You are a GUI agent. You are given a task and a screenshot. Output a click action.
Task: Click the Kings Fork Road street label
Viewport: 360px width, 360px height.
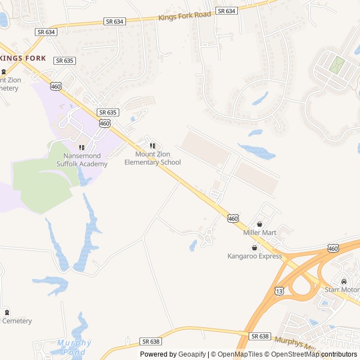click(x=185, y=15)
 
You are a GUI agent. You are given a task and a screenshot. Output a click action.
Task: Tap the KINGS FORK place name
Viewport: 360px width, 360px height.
click(x=22, y=58)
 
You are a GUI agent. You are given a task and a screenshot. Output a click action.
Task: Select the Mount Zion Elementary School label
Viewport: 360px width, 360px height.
click(x=152, y=158)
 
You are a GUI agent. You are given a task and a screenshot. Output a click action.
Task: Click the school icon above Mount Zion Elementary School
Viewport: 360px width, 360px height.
click(x=152, y=146)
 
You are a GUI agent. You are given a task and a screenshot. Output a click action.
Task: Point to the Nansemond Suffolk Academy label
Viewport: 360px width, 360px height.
click(x=82, y=160)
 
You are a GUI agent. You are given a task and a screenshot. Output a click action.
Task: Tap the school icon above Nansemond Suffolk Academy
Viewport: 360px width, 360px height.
click(x=82, y=147)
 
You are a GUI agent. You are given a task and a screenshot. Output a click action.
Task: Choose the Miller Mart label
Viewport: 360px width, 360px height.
click(x=259, y=232)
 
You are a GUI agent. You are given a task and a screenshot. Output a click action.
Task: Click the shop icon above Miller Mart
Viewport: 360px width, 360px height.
click(x=259, y=224)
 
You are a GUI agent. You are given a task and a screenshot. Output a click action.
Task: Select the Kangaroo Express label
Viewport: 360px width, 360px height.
click(x=254, y=256)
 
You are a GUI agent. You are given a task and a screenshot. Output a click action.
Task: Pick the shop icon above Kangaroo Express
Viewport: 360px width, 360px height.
click(x=254, y=247)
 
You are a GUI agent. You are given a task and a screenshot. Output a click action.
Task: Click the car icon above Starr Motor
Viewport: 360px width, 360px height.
click(x=344, y=281)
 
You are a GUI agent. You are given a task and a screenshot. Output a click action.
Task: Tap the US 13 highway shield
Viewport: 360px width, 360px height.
click(x=280, y=291)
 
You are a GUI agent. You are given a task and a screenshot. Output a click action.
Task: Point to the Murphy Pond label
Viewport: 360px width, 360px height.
click(x=74, y=346)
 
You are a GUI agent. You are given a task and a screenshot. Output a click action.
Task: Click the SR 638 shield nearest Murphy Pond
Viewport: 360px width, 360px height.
click(x=151, y=341)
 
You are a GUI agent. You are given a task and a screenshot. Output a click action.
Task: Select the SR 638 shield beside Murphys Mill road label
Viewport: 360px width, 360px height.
click(x=260, y=336)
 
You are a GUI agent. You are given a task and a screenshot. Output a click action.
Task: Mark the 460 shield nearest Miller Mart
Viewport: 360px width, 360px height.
click(x=233, y=218)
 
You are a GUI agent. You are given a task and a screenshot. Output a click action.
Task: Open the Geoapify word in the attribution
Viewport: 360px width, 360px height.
click(x=192, y=354)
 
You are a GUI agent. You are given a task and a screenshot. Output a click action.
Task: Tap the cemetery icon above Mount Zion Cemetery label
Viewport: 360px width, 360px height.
click(x=4, y=71)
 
